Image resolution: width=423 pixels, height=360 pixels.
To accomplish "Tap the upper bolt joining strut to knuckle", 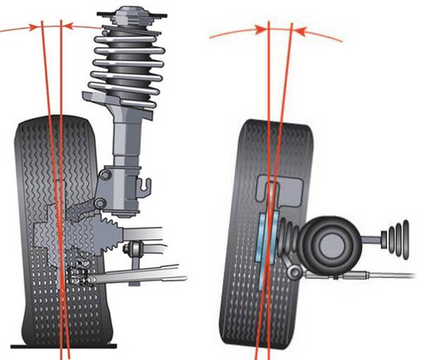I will pos(105,174).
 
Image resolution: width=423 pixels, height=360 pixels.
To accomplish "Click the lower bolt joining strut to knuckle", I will pos(101,204).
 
